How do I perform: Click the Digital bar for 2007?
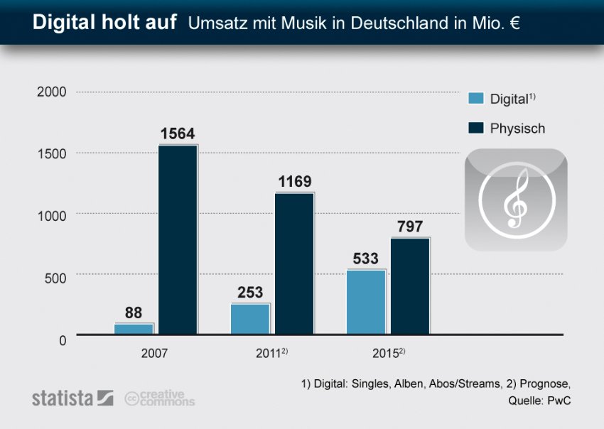134,329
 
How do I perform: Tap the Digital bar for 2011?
250,319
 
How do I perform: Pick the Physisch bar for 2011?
294,263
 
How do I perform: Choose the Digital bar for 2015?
366,302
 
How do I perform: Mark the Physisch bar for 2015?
410,286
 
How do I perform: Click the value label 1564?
178,134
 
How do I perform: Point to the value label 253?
250,292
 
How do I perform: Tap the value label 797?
410,227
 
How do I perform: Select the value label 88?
134,312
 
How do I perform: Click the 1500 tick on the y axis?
52,153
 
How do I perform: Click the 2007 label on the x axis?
154,353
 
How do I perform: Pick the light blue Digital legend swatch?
475,99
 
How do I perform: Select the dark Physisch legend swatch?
475,129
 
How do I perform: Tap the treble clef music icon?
516,200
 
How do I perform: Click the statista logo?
72,398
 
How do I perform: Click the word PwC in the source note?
559,401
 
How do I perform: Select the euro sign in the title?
512,24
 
